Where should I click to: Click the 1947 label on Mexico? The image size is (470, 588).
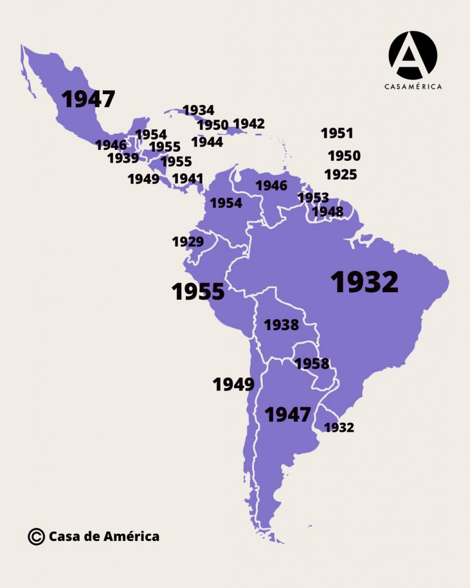(88, 99)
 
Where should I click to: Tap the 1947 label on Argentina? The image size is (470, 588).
(288, 414)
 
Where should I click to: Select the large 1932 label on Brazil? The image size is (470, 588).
(364, 282)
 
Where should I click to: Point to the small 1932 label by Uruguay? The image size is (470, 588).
(339, 427)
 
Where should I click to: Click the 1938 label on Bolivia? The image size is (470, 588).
(281, 325)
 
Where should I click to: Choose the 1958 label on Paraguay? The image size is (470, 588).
(312, 363)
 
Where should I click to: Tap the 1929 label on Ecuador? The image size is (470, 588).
(188, 242)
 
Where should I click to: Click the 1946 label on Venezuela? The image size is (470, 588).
(271, 185)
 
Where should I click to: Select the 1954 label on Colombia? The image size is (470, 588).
(226, 203)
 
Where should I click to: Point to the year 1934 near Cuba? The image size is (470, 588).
(198, 110)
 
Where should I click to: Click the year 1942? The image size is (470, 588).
(249, 123)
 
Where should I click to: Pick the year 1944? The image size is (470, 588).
(207, 141)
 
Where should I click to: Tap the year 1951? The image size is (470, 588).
(337, 133)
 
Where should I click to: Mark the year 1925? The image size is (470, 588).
(341, 175)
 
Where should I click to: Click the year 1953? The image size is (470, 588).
(313, 198)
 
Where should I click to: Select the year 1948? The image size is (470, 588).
(327, 212)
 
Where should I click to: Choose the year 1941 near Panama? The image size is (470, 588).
(188, 179)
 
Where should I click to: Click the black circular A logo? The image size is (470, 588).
(413, 55)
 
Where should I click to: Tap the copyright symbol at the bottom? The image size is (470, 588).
(36, 536)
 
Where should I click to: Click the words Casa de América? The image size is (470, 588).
(104, 536)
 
